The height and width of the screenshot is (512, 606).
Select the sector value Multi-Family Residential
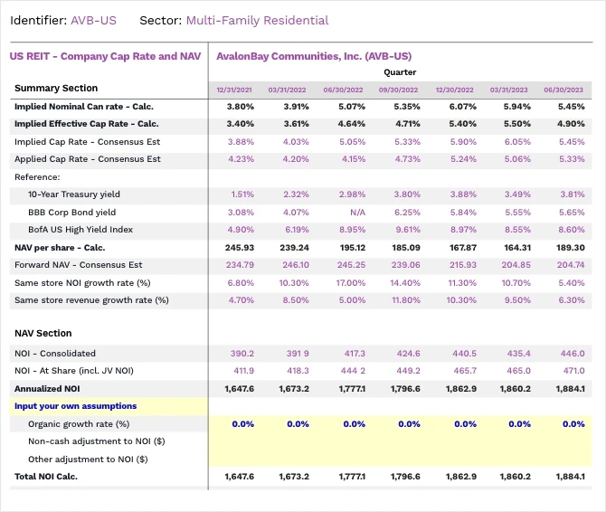(257, 20)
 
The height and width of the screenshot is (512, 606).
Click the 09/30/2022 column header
(398, 90)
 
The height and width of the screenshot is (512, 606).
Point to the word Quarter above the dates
(400, 71)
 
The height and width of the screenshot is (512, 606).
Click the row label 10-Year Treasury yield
(74, 194)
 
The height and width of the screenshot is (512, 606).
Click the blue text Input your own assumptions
(75, 406)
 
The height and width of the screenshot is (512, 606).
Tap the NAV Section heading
(43, 333)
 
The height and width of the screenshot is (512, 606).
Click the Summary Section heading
(55, 88)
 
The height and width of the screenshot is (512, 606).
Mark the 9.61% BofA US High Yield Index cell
(406, 230)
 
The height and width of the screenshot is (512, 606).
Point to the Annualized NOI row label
(48, 388)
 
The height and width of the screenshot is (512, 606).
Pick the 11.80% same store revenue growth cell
(404, 300)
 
